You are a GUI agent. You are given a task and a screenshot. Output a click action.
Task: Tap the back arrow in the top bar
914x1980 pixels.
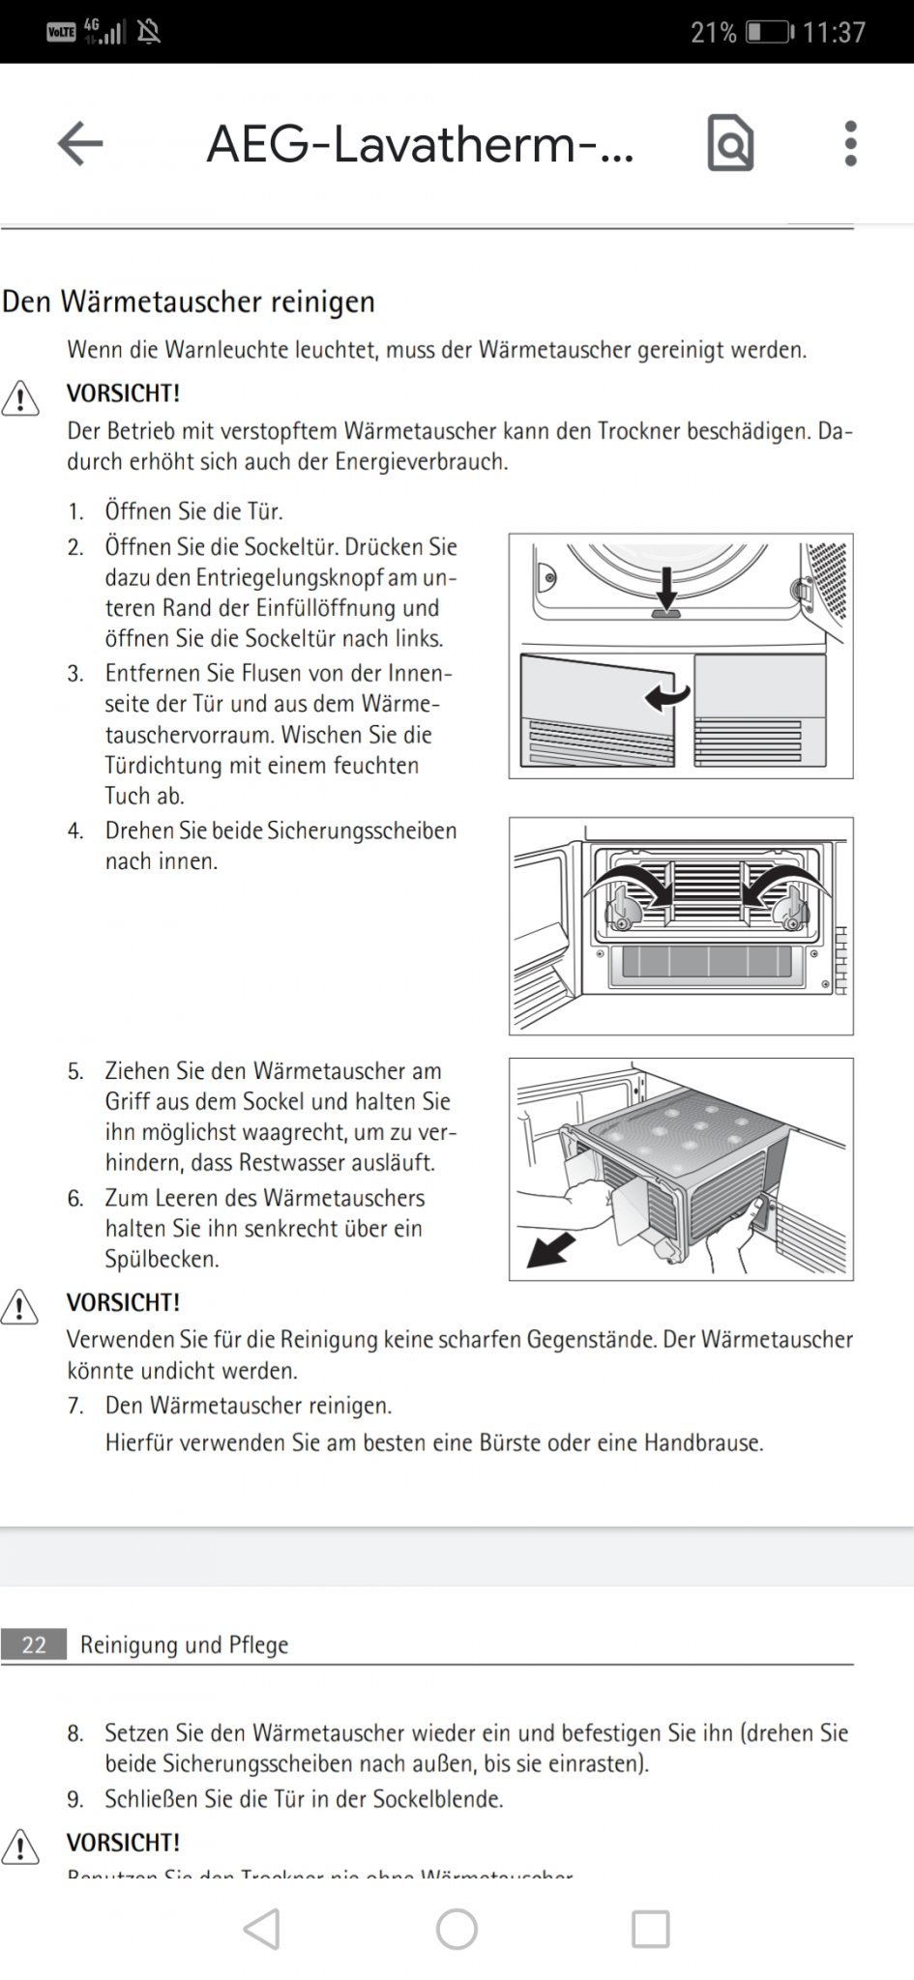[79, 144]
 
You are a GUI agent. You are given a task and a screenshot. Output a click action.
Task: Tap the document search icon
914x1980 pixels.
[730, 143]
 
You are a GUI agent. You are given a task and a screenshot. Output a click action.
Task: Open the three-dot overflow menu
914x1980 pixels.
[850, 144]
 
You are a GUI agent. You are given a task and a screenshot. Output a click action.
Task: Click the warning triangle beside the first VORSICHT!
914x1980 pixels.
[20, 398]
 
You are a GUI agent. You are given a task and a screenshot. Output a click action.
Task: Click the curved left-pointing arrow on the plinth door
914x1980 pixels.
[667, 695]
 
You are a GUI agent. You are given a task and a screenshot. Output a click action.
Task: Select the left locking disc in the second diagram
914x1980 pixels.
[621, 910]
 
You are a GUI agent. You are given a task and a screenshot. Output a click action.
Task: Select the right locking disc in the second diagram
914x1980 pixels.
[791, 910]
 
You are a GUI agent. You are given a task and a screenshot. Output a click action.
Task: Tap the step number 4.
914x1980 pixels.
[75, 831]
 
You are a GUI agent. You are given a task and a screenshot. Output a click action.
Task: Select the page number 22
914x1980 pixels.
[34, 1645]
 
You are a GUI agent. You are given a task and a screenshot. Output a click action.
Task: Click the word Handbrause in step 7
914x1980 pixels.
[702, 1442]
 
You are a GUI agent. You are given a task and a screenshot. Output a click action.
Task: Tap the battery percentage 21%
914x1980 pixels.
[713, 33]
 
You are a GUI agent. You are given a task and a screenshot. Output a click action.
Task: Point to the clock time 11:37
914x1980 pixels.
[834, 33]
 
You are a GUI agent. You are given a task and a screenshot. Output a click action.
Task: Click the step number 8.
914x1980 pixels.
[75, 1733]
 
